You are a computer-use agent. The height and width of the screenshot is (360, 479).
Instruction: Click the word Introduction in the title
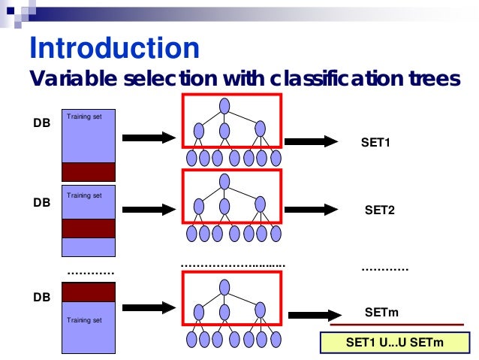click(x=114, y=48)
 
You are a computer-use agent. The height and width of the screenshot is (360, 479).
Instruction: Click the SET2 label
click(x=379, y=210)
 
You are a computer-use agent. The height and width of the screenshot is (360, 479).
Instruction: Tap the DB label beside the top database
click(x=42, y=123)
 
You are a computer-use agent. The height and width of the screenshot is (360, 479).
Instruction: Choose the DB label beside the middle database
click(x=42, y=203)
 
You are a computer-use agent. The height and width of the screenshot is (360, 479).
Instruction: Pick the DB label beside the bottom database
click(x=42, y=298)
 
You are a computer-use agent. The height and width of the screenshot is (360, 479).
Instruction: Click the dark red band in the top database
click(x=88, y=171)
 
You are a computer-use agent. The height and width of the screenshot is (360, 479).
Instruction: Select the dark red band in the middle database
click(x=88, y=228)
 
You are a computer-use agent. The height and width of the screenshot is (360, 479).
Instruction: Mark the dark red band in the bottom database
click(x=88, y=292)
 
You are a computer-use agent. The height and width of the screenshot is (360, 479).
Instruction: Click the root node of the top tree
click(x=224, y=104)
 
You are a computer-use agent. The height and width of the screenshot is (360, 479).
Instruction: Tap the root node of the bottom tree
click(x=224, y=286)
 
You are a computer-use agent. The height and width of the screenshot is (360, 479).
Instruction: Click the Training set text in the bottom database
click(x=84, y=320)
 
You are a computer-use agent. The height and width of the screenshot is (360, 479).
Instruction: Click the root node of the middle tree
click(x=224, y=180)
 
